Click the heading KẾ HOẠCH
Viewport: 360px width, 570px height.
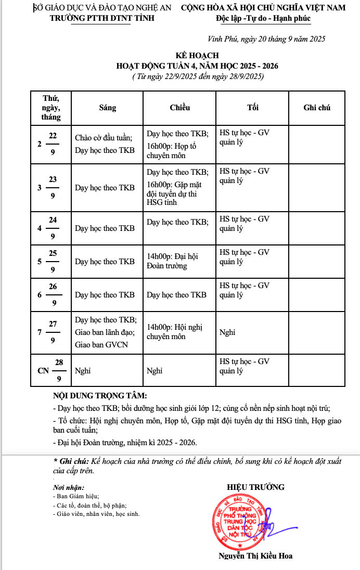click(197, 56)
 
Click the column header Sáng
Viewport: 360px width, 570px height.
click(108, 108)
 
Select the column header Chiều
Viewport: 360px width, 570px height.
click(179, 108)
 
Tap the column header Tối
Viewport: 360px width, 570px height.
click(253, 108)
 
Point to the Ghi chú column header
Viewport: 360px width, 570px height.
click(317, 108)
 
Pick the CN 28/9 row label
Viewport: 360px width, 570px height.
click(51, 370)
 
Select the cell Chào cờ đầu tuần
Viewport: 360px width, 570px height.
click(104, 138)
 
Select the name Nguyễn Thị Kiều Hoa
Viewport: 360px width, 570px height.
click(255, 556)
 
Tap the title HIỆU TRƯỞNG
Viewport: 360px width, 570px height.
click(256, 487)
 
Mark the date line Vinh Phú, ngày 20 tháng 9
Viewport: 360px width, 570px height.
click(266, 38)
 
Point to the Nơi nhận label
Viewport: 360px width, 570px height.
click(69, 488)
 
